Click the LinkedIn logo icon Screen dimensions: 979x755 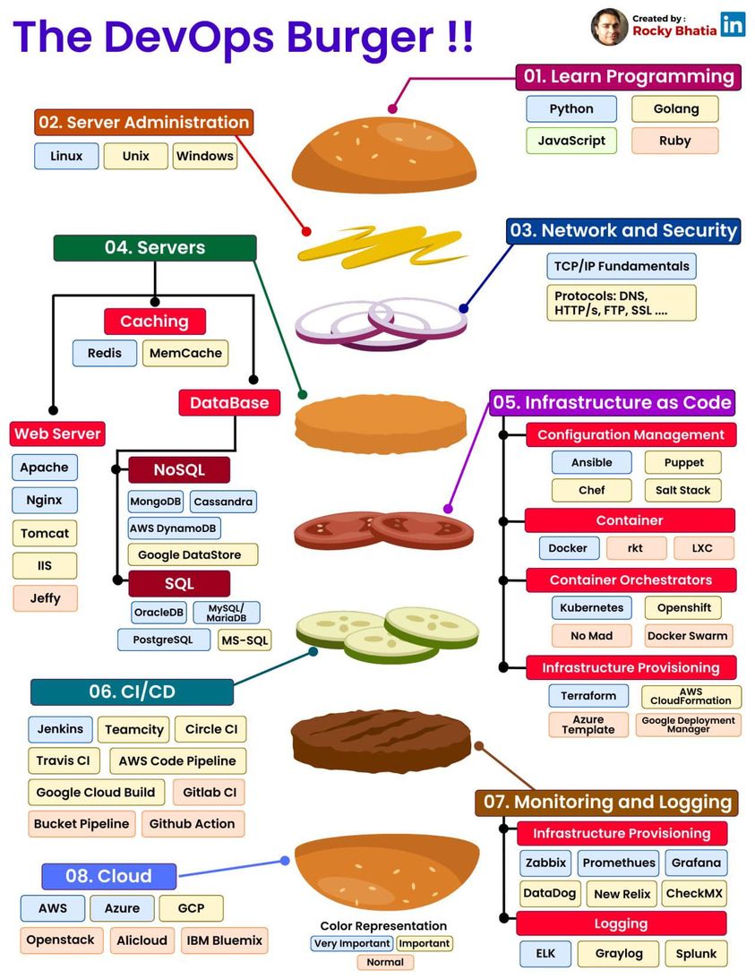tap(733, 24)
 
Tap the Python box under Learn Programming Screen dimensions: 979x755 tap(571, 109)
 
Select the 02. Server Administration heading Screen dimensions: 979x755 tap(144, 123)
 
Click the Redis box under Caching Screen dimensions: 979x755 tap(105, 353)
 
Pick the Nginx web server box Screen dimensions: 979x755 tap(45, 500)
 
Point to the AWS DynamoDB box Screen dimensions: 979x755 tap(175, 528)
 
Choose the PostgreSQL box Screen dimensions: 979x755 tap(164, 640)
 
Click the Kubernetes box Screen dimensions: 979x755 tap(591, 607)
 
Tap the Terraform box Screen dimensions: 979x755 tap(588, 696)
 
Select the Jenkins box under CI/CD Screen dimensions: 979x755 tap(60, 729)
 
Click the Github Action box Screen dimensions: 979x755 tap(192, 824)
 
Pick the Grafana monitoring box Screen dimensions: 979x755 tap(696, 863)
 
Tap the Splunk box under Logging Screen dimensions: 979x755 tap(696, 954)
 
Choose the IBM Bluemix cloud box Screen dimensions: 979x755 tap(224, 940)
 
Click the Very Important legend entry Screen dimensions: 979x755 tap(352, 943)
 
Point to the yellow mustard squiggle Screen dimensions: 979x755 tap(381, 242)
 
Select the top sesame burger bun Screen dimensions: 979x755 tap(382, 149)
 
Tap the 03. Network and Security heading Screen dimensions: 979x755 tap(623, 231)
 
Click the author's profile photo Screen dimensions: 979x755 tap(609, 27)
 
